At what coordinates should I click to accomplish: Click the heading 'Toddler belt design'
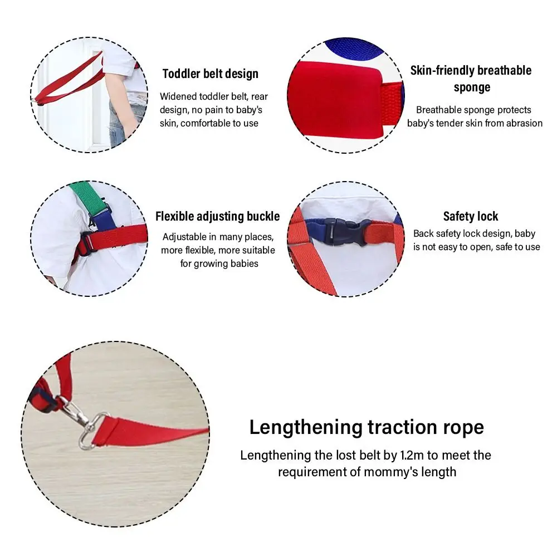click(211, 74)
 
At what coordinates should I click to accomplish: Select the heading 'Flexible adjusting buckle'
click(217, 216)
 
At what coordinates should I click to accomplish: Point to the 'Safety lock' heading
click(470, 216)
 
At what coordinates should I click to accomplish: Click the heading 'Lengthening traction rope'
click(367, 427)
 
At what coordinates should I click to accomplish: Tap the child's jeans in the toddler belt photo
click(119, 124)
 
